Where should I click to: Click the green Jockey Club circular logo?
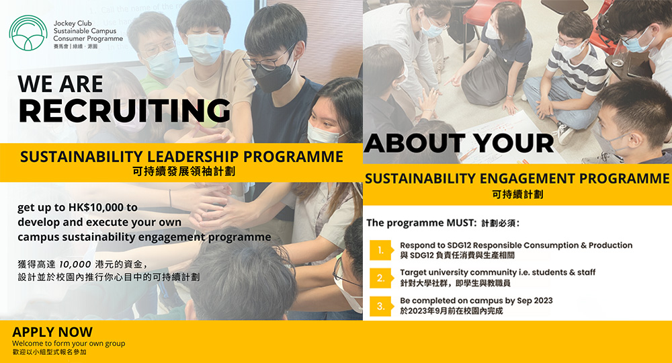coord(28,33)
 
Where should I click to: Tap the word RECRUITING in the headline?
coord(125,110)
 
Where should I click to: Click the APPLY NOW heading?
coord(52,331)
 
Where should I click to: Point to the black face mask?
coord(273,76)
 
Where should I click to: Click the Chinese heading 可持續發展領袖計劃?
coord(184,172)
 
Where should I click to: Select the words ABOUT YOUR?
coord(459,143)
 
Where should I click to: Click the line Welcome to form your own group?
coord(69,344)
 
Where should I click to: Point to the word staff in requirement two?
coord(586,272)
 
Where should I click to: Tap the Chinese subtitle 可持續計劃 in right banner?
coord(517,194)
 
